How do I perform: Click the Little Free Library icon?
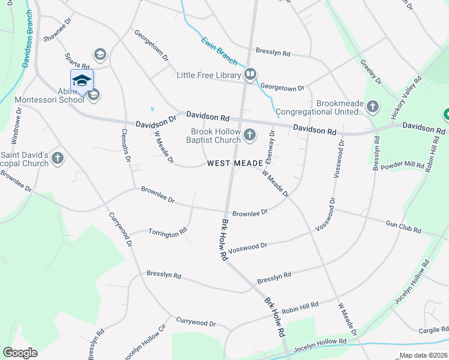250,75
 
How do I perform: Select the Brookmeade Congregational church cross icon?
373,107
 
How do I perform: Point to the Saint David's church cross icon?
58,158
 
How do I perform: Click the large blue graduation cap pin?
82,81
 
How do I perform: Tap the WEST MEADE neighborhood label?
235,163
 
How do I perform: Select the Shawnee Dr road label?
57,37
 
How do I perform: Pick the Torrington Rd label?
167,232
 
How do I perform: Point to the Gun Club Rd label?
404,226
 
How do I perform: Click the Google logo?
20,353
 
